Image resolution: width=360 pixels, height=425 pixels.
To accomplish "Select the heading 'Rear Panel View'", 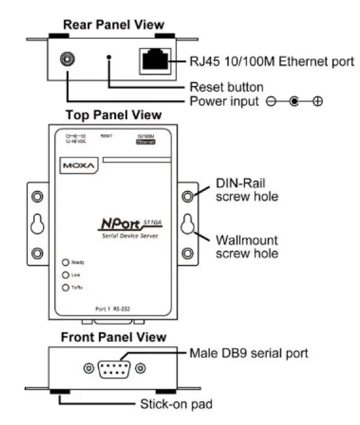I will tap(113, 25).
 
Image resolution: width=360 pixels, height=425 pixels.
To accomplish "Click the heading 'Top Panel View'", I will tap(113, 115).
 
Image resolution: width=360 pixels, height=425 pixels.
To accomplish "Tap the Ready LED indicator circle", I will tap(65, 262).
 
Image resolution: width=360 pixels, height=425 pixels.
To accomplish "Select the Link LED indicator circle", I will tap(65, 275).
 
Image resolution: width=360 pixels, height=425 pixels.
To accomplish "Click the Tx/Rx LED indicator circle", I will tap(65, 288).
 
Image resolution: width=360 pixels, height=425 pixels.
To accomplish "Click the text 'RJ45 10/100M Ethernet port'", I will tap(272, 62).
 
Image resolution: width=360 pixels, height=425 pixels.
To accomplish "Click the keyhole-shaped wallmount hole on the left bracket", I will tap(38, 224).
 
